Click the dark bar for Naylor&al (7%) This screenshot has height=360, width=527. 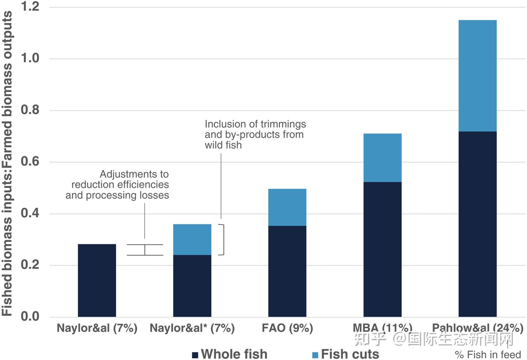click(x=97, y=280)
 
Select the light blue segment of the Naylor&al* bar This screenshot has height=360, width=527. click(x=192, y=239)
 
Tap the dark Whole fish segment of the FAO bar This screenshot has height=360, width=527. click(x=287, y=271)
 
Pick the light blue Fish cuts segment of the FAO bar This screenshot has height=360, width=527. click(x=287, y=207)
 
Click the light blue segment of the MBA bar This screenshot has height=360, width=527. click(x=382, y=158)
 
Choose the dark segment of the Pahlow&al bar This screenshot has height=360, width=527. click(x=478, y=224)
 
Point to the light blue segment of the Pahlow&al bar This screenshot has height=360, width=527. click(x=478, y=76)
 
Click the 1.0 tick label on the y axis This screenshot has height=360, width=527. click(x=30, y=58)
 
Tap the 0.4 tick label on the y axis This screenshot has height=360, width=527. click(x=30, y=213)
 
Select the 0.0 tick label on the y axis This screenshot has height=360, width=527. click(x=30, y=316)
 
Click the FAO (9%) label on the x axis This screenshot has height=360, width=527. click(x=287, y=328)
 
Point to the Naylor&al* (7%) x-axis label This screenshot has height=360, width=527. click(x=192, y=328)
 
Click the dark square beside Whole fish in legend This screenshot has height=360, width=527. click(x=195, y=355)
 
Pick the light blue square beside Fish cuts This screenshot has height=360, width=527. click(x=315, y=355)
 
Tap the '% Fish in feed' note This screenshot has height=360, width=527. click(x=488, y=355)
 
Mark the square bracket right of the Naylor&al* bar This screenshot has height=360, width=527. click(x=223, y=240)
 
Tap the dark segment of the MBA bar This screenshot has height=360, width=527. click(x=382, y=249)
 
